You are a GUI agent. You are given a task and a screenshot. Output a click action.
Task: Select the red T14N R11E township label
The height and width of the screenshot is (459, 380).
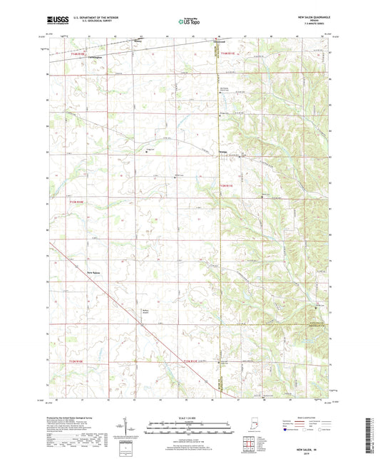pos(227,53)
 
